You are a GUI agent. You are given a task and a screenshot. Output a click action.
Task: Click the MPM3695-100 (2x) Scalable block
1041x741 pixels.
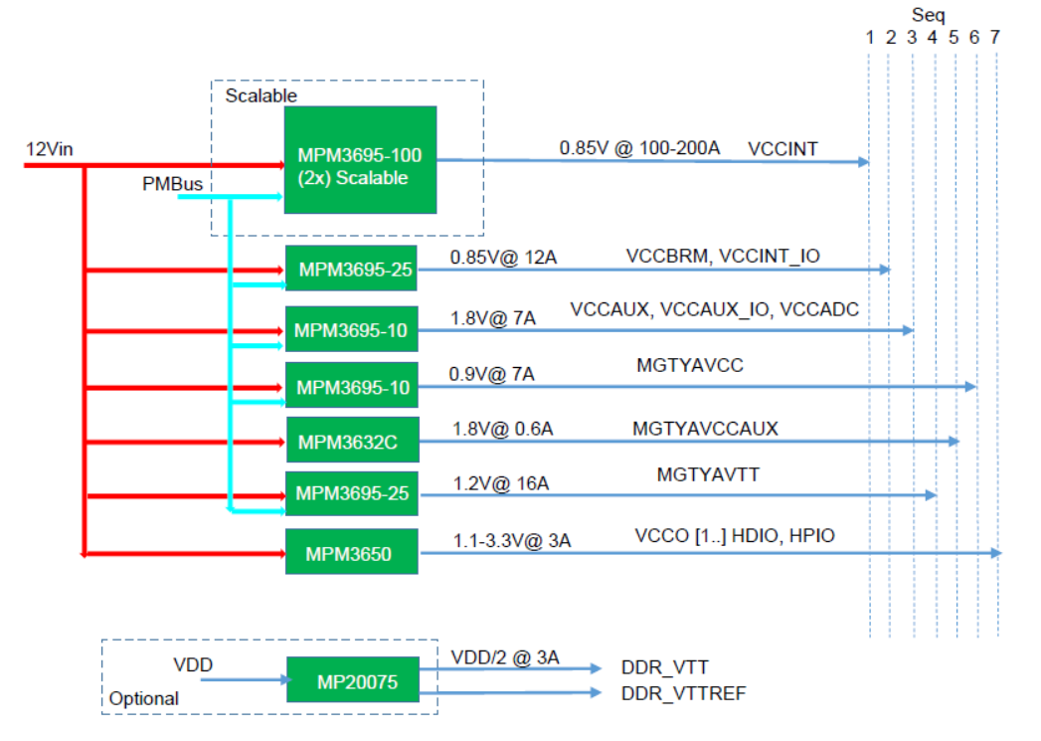[361, 160]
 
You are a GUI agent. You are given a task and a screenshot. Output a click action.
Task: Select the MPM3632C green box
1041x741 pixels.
[353, 440]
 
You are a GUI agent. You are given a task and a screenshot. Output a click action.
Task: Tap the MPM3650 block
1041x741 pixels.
[352, 551]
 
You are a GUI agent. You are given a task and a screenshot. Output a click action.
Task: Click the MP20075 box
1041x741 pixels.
[353, 679]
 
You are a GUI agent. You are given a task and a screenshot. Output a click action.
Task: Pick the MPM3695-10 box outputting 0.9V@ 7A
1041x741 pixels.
[351, 385]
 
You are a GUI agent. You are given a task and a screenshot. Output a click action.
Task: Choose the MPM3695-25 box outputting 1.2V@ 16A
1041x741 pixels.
[351, 493]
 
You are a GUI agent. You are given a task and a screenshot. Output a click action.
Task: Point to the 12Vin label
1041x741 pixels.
[49, 149]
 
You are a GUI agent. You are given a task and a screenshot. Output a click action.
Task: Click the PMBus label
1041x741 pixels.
[173, 184]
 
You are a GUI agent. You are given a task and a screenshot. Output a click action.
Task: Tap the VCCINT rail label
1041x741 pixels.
[782, 149]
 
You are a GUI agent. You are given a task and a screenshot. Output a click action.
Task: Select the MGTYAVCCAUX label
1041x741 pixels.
[705, 429]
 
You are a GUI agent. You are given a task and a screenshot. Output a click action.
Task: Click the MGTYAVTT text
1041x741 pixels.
[708, 474]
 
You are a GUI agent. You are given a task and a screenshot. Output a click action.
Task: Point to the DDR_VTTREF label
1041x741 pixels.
[683, 694]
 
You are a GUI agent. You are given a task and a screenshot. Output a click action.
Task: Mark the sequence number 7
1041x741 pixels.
[994, 37]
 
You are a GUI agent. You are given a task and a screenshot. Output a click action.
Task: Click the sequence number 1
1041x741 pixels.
[870, 37]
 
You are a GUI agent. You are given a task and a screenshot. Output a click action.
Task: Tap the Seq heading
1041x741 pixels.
[928, 15]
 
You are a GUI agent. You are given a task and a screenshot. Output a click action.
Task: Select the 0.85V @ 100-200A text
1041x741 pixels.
[639, 148]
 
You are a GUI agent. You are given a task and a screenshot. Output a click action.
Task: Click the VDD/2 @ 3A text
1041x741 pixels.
[505, 657]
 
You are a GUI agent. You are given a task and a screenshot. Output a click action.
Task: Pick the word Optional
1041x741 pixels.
[144, 698]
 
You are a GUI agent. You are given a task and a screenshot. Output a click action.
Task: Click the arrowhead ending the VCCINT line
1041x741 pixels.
[864, 161]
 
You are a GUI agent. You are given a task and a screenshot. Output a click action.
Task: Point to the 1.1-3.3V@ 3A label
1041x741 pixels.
[512, 540]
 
